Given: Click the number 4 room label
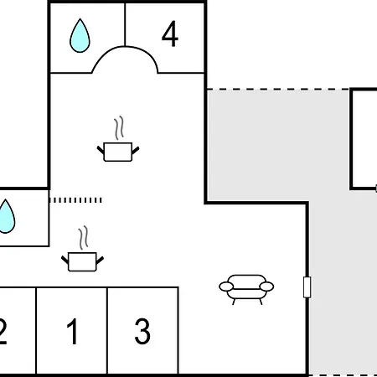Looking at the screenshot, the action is [170, 34].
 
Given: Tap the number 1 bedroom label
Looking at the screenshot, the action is [73, 331].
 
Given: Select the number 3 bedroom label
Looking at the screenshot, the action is [142, 331].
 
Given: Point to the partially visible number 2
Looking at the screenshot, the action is [3, 331].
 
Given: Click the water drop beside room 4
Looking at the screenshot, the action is [80, 35].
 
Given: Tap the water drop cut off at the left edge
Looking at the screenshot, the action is [6, 216].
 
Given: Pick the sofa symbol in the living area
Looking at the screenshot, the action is [246, 289].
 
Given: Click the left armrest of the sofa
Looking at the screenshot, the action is [226, 287].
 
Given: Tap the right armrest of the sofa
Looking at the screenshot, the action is [266, 287].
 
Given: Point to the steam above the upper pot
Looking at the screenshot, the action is [119, 127].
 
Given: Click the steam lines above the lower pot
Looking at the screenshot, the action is [83, 238].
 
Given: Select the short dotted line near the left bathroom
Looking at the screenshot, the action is [75, 200].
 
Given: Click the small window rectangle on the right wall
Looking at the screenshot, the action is [307, 287].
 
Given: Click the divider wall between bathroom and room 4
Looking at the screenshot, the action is [125, 24].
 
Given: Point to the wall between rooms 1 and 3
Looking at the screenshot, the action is [107, 330].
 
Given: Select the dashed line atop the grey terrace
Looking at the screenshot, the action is [278, 90].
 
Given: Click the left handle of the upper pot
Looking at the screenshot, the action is [101, 150].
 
